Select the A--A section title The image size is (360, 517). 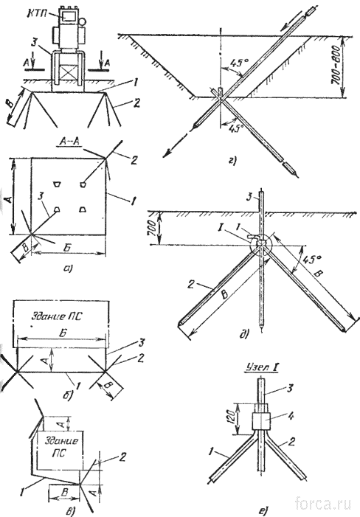69,142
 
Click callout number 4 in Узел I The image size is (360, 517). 291,416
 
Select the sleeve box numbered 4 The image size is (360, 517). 261,420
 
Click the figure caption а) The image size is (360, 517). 68,268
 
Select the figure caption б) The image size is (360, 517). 69,394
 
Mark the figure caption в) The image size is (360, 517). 69,511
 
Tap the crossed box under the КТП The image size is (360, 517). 68,72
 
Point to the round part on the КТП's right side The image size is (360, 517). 82,21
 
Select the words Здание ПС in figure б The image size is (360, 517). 56,316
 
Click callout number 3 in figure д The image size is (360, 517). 249,198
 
